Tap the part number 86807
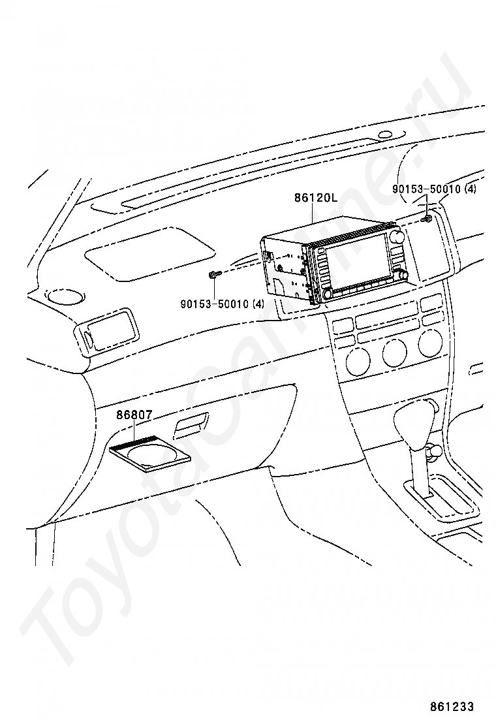[134, 415]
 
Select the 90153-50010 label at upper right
[434, 189]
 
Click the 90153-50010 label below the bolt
[223, 304]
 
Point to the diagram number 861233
[452, 707]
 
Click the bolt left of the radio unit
[215, 274]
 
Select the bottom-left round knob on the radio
[326, 294]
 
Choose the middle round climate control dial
[394, 353]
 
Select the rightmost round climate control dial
[429, 344]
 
